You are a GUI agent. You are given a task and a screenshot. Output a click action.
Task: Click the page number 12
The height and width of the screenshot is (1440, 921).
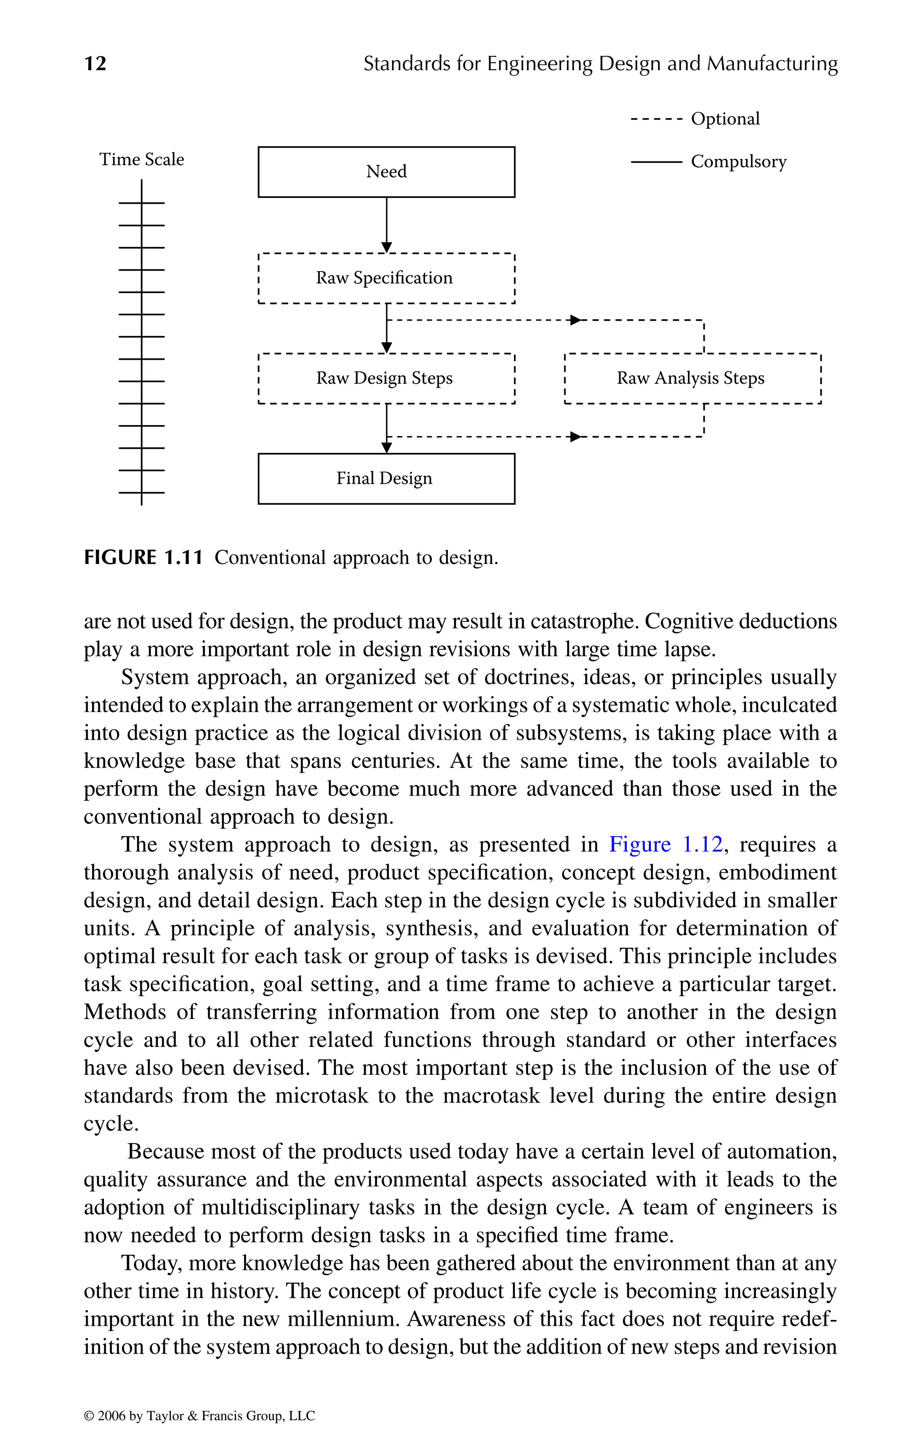96,63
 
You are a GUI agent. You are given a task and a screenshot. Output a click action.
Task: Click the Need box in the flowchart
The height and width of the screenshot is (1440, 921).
386,172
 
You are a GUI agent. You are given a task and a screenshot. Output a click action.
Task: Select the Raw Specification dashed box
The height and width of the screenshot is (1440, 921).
386,278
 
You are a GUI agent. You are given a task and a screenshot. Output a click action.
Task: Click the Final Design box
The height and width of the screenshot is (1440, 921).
386,479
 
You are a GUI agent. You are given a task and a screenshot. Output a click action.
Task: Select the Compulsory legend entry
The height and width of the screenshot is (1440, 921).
738,161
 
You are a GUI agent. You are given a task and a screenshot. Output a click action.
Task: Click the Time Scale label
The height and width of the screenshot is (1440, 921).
142,159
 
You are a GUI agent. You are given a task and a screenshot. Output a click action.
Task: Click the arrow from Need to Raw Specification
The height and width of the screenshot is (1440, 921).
387,224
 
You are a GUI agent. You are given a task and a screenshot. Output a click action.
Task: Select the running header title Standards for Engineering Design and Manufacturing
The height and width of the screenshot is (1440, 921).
600,63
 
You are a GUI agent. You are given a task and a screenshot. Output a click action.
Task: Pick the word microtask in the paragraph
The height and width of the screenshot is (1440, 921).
322,1096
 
